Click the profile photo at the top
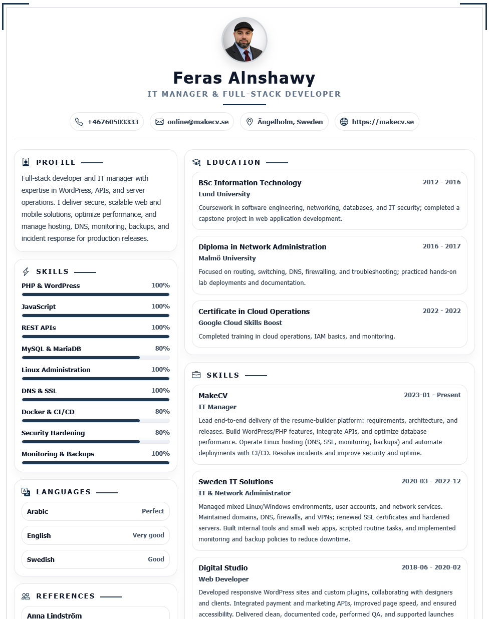pos(244,40)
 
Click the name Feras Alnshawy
pos(244,78)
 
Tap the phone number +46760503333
pos(113,122)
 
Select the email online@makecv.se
pos(198,122)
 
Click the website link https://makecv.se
pos(383,122)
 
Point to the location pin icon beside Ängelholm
pos(250,122)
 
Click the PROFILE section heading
pos(56,162)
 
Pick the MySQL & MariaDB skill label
pos(51,349)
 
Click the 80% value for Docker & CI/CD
pos(162,412)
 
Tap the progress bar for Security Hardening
pos(95,442)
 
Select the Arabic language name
pos(38,511)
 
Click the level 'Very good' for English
pos(148,535)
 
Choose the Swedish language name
pos(41,559)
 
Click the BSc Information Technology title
pos(250,183)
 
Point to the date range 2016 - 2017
pos(441,246)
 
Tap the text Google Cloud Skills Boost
pos(240,323)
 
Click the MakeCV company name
pos(213,396)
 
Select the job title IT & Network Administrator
pos(244,493)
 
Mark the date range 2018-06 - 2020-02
pos(431,567)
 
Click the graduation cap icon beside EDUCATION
pos(196,162)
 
